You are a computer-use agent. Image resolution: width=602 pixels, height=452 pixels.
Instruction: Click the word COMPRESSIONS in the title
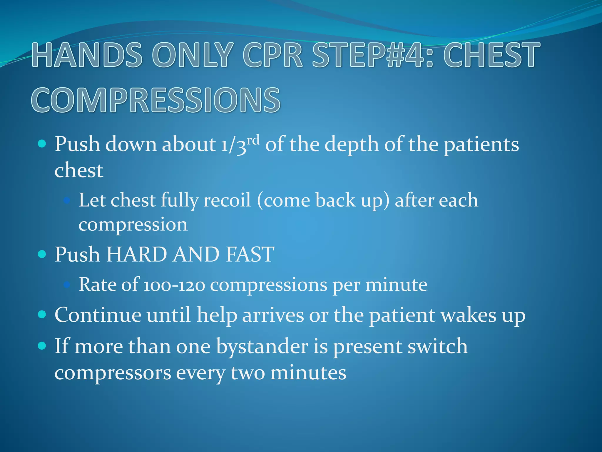click(x=156, y=100)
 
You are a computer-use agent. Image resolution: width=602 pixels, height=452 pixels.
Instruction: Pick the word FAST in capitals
click(x=250, y=254)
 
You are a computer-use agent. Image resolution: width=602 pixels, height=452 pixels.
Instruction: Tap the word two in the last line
click(x=248, y=373)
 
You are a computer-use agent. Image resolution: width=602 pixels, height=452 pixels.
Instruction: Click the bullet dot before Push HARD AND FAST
click(x=42, y=254)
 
